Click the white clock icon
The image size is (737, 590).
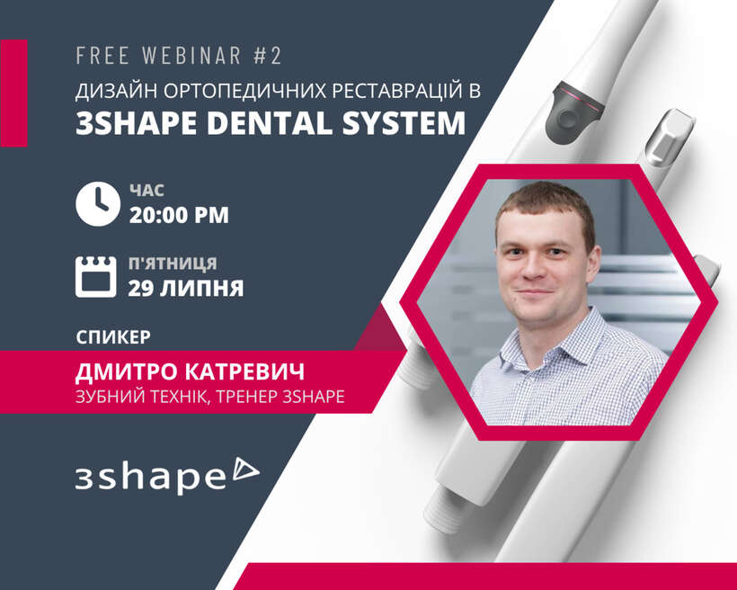pyautogui.click(x=98, y=204)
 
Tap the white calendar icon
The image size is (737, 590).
pyautogui.click(x=96, y=277)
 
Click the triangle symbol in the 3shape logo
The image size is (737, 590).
pyautogui.click(x=246, y=469)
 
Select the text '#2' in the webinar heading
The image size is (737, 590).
pyautogui.click(x=268, y=56)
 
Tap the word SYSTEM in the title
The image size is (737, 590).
pyautogui.click(x=404, y=123)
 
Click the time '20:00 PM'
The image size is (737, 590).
pyautogui.click(x=179, y=215)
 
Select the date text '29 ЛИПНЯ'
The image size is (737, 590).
pyautogui.click(x=186, y=288)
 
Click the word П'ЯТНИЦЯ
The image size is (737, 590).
pyautogui.click(x=173, y=264)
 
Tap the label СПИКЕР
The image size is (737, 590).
pyautogui.click(x=113, y=337)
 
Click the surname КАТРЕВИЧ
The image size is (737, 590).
pyautogui.click(x=244, y=371)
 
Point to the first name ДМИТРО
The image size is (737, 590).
pyautogui.click(x=127, y=371)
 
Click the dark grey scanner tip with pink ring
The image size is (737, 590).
pyautogui.click(x=574, y=112)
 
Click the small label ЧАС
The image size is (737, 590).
pyautogui.click(x=147, y=191)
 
